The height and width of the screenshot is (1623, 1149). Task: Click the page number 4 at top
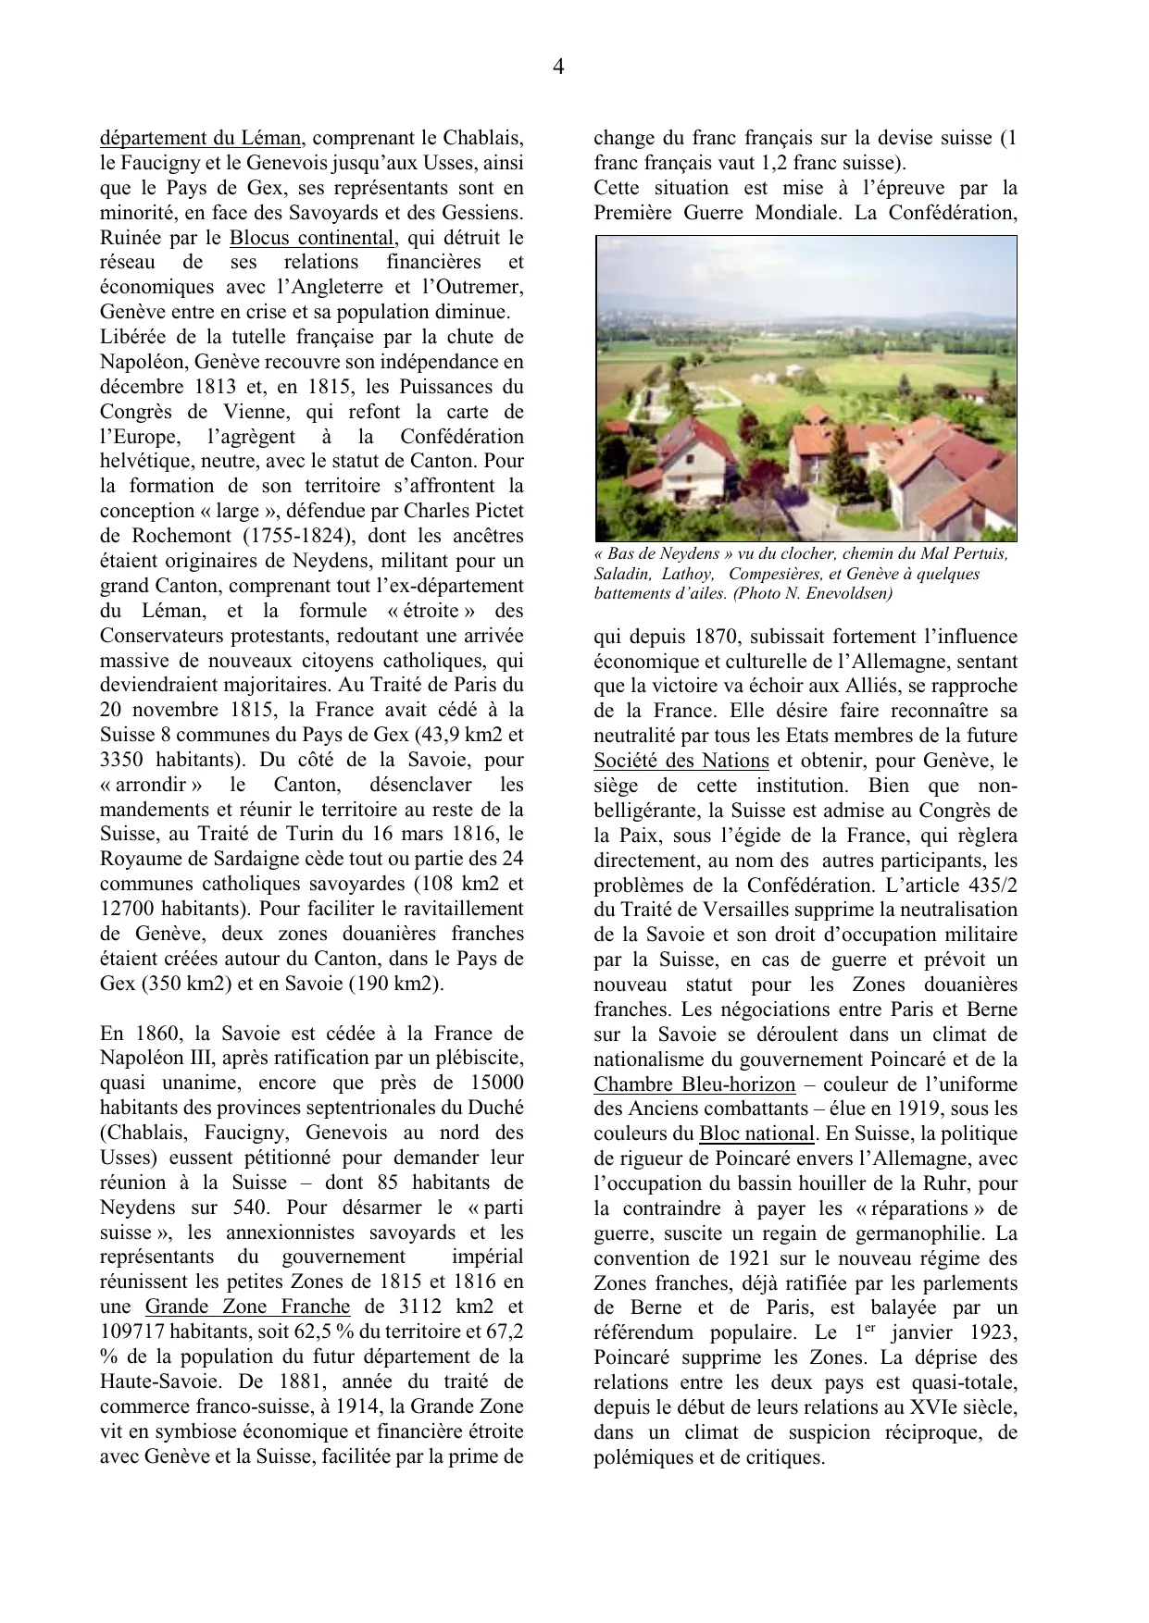coord(558,67)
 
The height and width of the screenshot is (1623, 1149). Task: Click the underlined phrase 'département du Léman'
coord(200,139)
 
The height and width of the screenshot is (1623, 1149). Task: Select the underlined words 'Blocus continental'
coord(313,238)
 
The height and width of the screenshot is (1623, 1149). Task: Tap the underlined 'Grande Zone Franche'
coord(248,1307)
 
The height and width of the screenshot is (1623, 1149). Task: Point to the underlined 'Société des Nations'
coord(681,761)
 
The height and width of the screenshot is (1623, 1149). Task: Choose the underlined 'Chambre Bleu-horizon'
coord(694,1084)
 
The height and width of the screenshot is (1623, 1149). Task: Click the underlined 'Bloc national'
coord(756,1134)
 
